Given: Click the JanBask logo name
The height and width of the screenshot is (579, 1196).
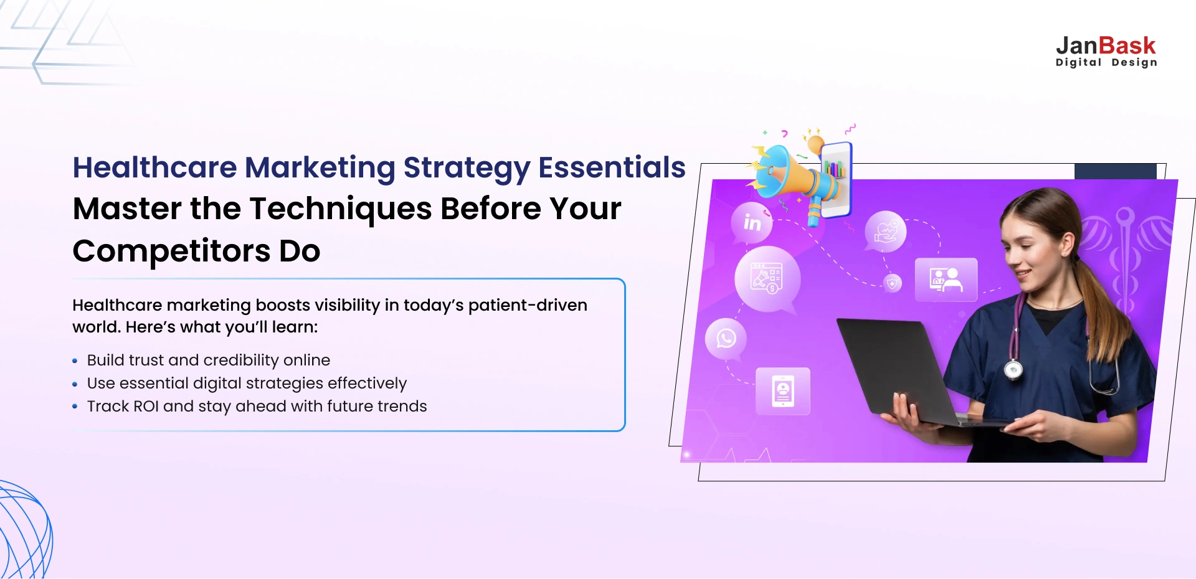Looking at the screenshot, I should coord(1106,46).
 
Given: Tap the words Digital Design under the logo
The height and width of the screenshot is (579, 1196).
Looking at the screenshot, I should coord(1106,62).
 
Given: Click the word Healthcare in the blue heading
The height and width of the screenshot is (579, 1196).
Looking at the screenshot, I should coord(154,167).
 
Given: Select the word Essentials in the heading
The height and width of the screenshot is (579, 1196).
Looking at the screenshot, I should coord(612,167).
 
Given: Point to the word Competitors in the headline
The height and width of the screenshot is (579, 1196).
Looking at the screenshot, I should coord(171,251).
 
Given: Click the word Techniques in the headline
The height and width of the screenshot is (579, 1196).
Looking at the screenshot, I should coord(341,209).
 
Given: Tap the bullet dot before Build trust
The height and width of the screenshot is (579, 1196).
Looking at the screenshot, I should coord(75,360).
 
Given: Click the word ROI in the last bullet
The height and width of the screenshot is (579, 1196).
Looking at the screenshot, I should coord(146,407).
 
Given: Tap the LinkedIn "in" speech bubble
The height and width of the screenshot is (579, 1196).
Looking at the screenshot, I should coord(752,222).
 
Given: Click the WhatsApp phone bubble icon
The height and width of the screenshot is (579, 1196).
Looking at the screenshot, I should coord(726,339).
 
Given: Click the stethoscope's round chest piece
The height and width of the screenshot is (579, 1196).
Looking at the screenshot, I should coord(1013,370).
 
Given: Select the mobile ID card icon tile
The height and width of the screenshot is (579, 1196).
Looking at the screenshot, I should coord(783,391).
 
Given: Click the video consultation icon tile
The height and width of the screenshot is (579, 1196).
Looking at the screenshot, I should coord(946,280).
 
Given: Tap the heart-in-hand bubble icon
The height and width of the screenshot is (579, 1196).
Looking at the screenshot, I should coord(885,232).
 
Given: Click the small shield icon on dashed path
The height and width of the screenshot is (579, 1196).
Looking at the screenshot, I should coord(893,283).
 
